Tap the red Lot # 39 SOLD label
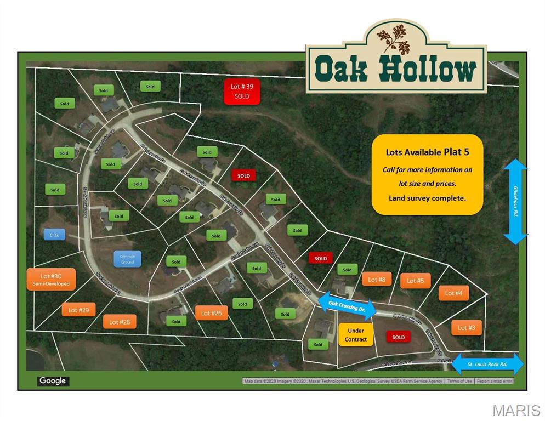tap(241, 91)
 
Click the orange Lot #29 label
tap(78, 310)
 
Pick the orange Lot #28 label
tap(120, 322)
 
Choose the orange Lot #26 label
tap(211, 313)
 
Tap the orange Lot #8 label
tap(377, 280)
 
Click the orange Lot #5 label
tap(415, 281)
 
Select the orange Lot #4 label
tap(453, 293)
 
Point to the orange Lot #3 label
tap(467, 328)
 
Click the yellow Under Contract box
tap(356, 335)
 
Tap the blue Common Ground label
tap(127, 259)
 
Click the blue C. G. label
tap(54, 234)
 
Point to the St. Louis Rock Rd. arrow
tap(487, 364)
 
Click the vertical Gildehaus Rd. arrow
tap(515, 202)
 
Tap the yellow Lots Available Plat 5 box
tap(427, 174)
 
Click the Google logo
tap(53, 381)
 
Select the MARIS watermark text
tap(516, 410)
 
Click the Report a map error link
tap(494, 381)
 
